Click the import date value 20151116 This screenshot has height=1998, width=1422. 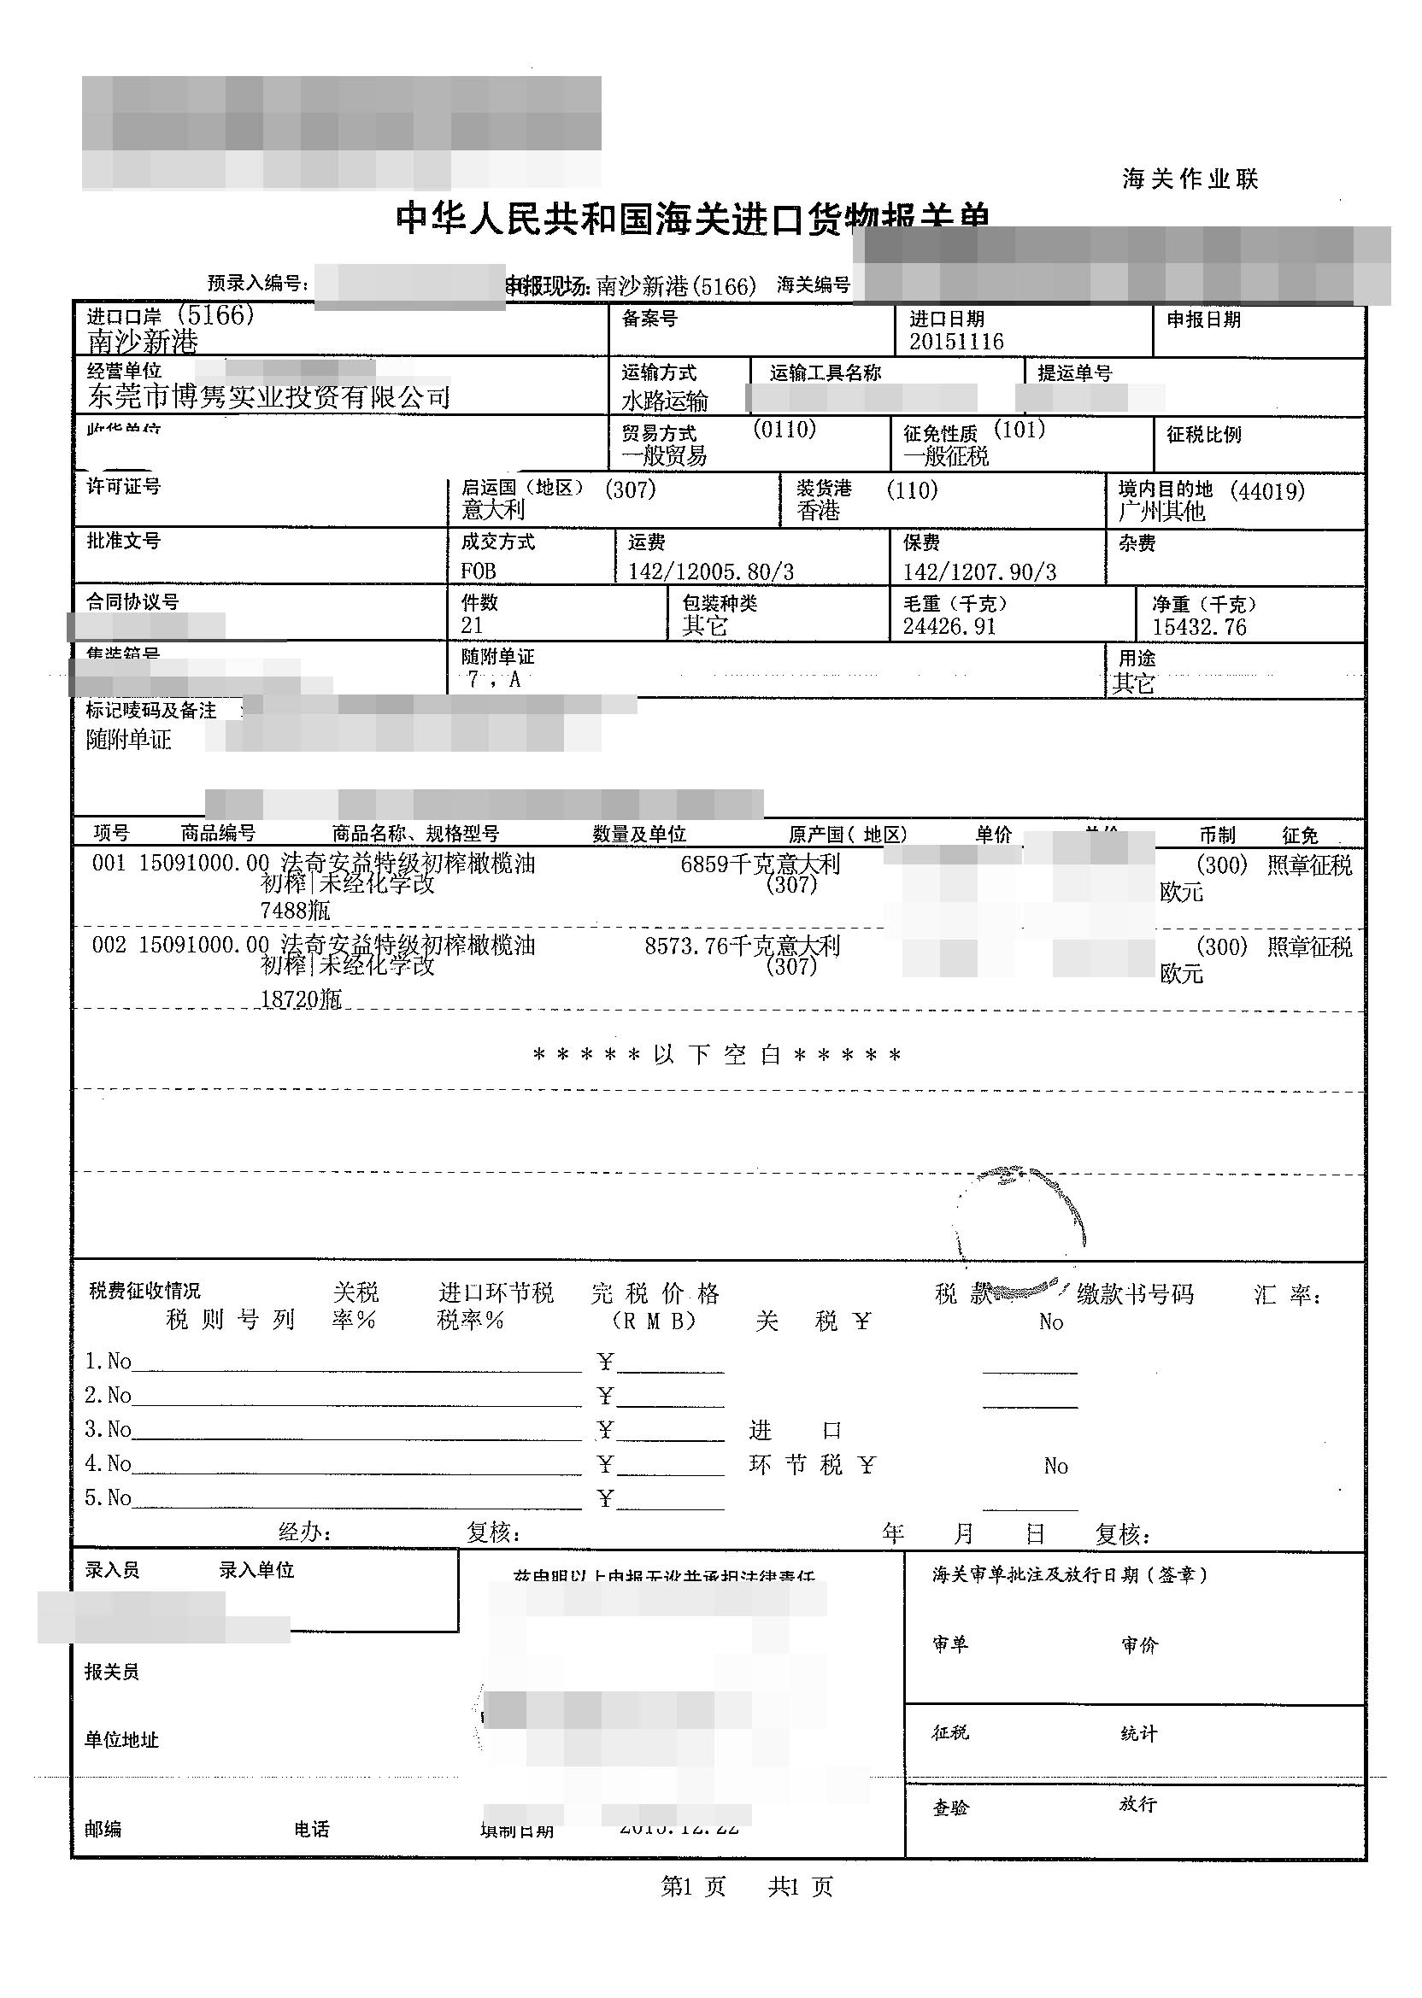point(956,342)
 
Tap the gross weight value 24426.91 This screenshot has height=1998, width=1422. point(949,627)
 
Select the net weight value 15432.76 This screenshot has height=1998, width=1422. point(1199,628)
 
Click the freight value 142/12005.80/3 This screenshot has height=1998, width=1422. point(710,572)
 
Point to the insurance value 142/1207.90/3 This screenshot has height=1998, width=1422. point(980,572)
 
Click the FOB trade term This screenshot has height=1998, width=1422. point(478,571)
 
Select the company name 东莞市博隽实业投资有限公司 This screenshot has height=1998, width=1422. point(269,398)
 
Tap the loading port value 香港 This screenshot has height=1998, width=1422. point(818,511)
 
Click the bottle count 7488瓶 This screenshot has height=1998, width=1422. point(295,911)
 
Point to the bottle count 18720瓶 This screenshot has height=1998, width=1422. point(300,999)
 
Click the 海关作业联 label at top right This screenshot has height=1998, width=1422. point(1190,179)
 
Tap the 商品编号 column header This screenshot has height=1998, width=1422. point(218,833)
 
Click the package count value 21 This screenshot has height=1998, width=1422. point(472,626)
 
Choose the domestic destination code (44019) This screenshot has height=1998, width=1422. point(1267,491)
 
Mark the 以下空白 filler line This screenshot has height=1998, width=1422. point(717,1055)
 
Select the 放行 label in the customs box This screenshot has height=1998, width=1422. point(1137,1803)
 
